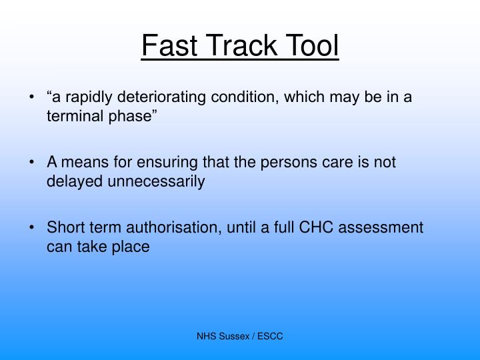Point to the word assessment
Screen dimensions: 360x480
point(381,227)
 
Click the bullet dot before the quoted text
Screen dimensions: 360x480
point(33,97)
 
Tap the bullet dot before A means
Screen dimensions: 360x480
point(33,163)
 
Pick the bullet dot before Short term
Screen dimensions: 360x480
point(33,228)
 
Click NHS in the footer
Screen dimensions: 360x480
point(207,337)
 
